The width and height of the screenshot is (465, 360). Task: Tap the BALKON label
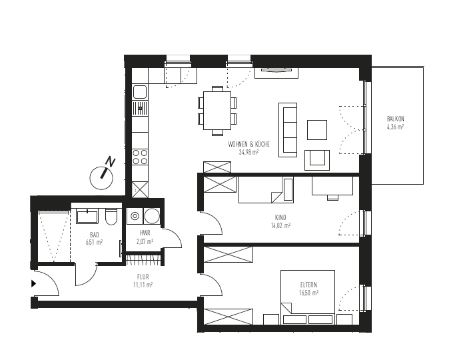click(396, 119)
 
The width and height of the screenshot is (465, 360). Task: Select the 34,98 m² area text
click(248, 152)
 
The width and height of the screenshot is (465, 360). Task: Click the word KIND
click(280, 217)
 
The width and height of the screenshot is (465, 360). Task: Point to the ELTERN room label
click(308, 285)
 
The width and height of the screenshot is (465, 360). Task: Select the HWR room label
click(145, 233)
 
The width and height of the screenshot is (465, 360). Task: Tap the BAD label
click(95, 235)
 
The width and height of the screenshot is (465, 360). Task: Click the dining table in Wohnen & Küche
click(217, 111)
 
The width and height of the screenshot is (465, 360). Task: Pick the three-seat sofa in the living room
click(288, 129)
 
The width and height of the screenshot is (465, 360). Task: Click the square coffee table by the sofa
click(317, 129)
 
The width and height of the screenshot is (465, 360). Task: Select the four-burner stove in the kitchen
click(140, 157)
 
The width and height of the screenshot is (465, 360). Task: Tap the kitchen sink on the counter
click(140, 106)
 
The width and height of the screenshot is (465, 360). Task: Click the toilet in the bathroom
click(111, 217)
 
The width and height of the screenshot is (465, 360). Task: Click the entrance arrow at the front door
click(34, 283)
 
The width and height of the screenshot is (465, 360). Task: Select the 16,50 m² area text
click(309, 293)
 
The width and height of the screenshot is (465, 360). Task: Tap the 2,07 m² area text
click(145, 241)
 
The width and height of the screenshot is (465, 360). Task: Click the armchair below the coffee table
click(317, 159)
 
